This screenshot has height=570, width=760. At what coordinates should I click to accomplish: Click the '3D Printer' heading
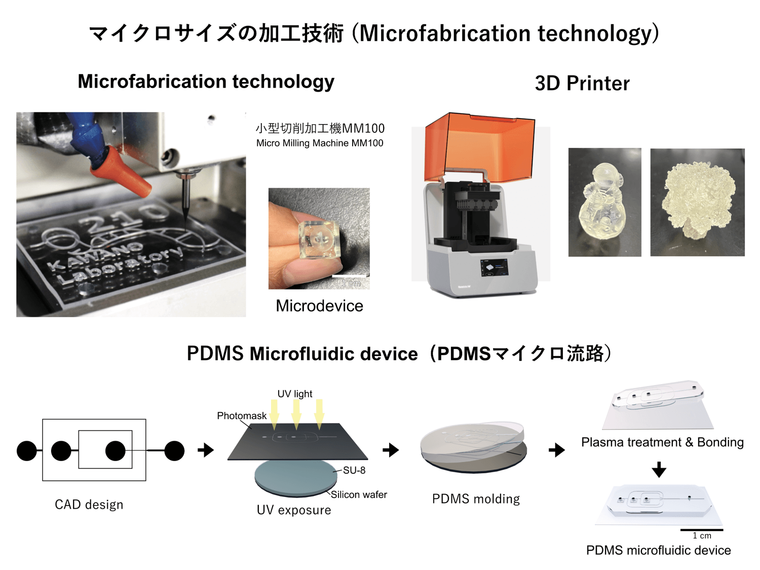[x=582, y=84]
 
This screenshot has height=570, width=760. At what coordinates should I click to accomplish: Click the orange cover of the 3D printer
[x=479, y=147]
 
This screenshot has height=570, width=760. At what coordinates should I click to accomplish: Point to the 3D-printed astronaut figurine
[x=604, y=202]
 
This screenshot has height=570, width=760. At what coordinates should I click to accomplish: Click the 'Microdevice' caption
[x=319, y=306]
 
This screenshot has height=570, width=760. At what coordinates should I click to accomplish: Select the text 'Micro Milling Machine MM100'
[x=320, y=143]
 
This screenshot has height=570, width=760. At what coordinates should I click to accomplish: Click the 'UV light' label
[x=294, y=394]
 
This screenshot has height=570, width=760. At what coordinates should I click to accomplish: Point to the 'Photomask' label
[x=241, y=416]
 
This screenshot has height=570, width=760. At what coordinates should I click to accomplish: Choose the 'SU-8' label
[x=354, y=470]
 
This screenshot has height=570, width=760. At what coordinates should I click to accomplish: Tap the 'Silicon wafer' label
[x=359, y=495]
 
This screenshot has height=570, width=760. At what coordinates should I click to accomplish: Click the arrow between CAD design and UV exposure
[x=206, y=450]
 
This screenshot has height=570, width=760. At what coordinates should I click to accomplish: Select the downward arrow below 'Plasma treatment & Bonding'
[x=659, y=469]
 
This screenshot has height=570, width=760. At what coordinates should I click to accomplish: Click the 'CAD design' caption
[x=89, y=505]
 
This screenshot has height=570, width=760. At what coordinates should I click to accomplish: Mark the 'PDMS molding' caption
[x=476, y=499]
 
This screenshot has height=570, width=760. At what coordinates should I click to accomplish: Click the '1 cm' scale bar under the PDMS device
[x=702, y=530]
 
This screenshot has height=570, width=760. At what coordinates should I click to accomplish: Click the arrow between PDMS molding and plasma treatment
[x=557, y=450]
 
